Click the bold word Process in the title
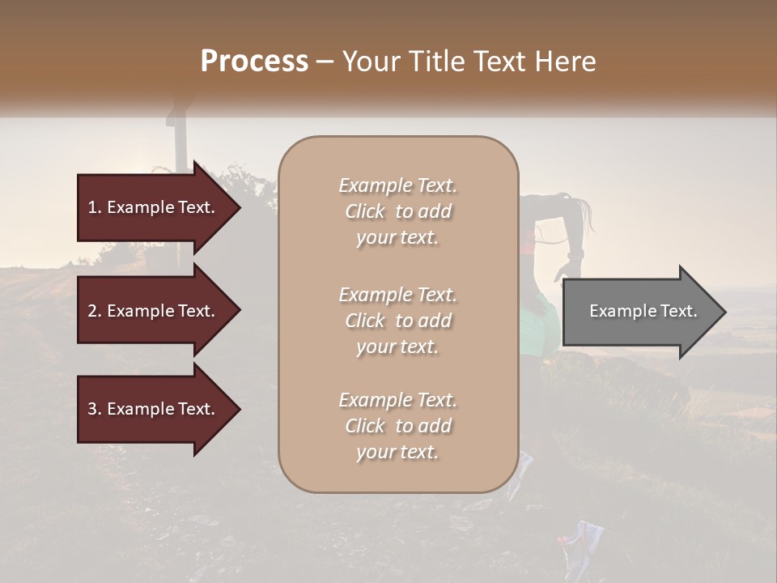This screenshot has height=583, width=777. (254, 62)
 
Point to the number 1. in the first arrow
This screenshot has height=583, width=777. (95, 207)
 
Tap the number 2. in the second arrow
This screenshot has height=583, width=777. (95, 311)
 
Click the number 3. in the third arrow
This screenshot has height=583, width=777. (95, 409)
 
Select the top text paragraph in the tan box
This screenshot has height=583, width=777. (397, 211)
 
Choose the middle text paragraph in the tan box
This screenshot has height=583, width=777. (397, 321)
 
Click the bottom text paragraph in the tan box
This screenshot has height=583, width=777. (397, 426)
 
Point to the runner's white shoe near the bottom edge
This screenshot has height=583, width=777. (588, 536)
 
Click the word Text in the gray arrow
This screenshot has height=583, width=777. (680, 311)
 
